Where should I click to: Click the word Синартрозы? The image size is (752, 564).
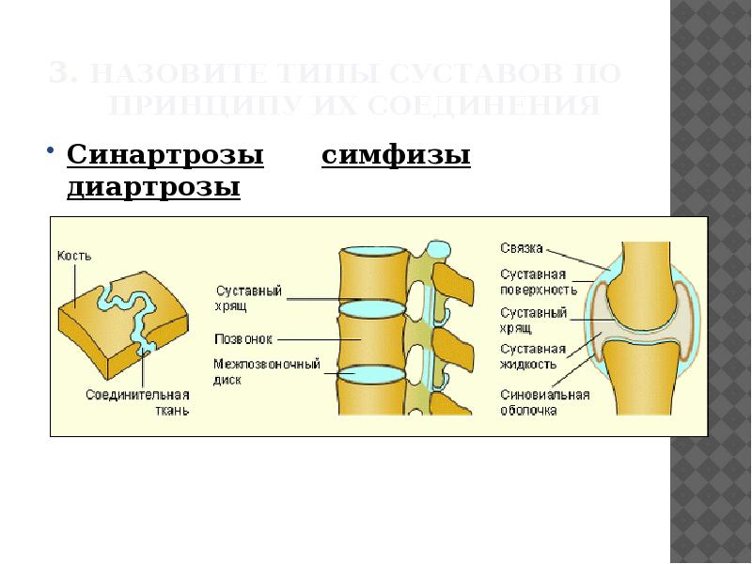(x=164, y=155)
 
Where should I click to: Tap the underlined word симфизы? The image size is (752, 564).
(x=396, y=155)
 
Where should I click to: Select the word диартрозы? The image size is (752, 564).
(x=154, y=188)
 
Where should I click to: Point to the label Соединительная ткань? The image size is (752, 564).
(x=137, y=401)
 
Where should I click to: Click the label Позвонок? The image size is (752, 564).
(x=243, y=337)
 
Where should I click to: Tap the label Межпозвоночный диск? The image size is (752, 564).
(x=266, y=371)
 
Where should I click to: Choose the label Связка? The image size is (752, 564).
(x=523, y=247)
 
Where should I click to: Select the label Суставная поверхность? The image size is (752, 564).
(x=534, y=282)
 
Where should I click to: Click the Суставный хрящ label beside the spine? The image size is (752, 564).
(x=248, y=298)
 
